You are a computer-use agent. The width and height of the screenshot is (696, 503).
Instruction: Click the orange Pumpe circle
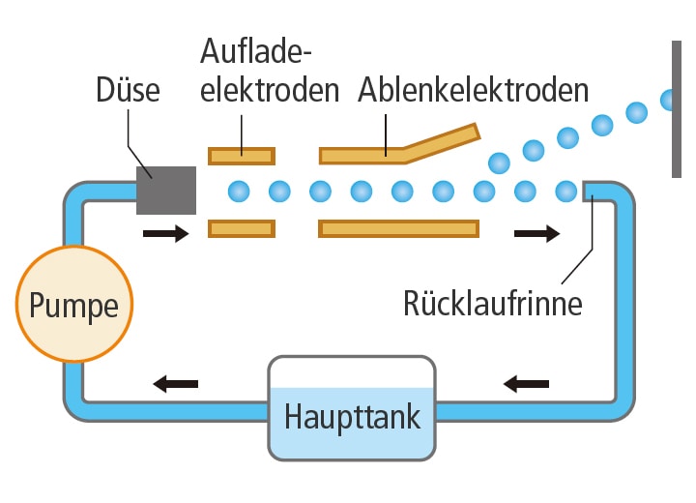(74, 305)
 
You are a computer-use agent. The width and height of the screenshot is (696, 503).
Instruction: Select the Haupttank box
(352, 408)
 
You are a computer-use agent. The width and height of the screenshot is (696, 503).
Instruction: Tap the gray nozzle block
(166, 190)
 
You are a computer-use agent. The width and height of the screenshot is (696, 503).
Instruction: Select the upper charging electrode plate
(242, 155)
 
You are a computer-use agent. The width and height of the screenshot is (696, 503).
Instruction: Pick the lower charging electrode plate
(242, 228)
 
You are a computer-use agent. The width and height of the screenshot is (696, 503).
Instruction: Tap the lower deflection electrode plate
(398, 228)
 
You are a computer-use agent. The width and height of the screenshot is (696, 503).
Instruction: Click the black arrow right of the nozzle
(165, 233)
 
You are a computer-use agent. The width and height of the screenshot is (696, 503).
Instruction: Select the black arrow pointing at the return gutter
(536, 233)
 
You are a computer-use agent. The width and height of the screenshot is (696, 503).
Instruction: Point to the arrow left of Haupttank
(175, 384)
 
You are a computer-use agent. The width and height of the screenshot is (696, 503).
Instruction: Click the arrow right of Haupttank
(526, 384)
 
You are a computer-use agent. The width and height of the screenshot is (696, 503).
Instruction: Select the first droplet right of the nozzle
(238, 191)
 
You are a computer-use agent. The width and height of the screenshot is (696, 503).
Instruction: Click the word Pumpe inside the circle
(74, 306)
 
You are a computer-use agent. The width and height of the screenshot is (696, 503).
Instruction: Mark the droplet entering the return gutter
(566, 191)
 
